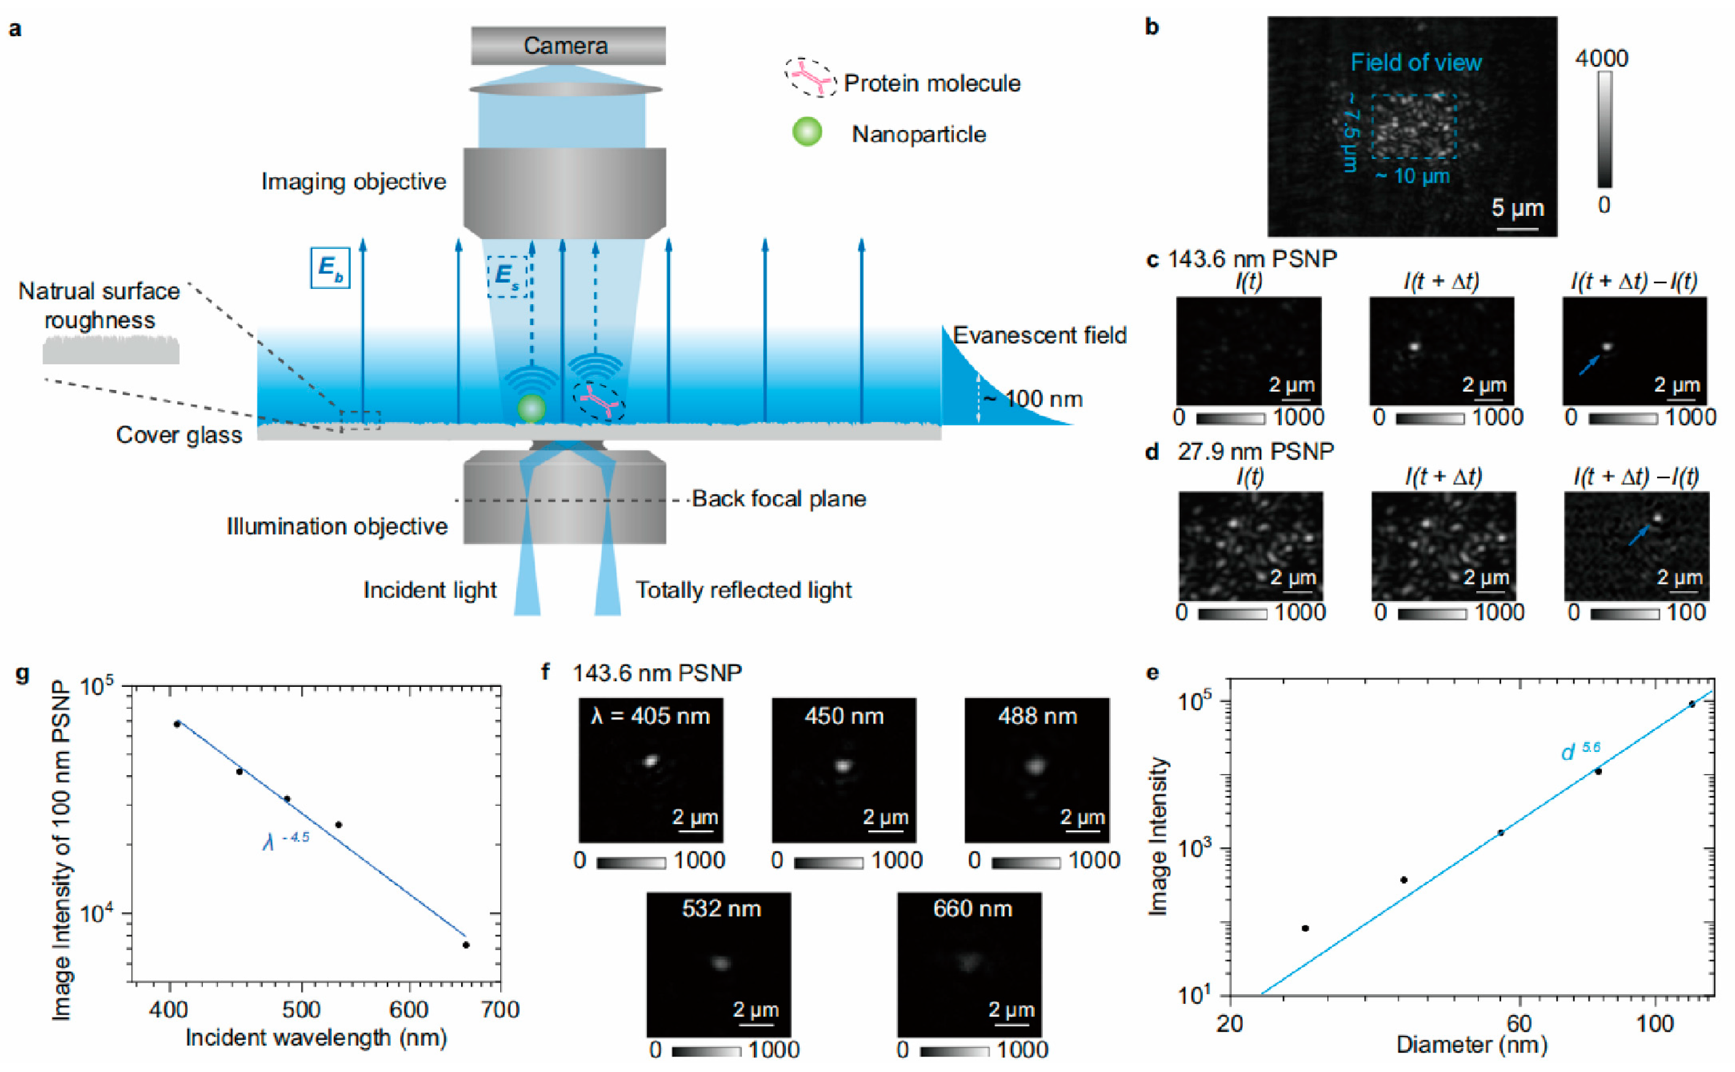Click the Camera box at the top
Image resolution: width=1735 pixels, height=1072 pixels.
[567, 45]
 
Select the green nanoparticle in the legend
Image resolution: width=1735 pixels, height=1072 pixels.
[807, 132]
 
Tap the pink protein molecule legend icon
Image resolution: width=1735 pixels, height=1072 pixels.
[810, 77]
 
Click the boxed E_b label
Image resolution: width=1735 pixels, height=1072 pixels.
[330, 267]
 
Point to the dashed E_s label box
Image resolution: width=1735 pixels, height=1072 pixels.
[508, 276]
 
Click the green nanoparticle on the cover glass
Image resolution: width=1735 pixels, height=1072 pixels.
[531, 408]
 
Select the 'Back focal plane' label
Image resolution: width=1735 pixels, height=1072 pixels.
[778, 499]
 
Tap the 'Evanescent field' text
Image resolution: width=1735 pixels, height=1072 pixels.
[1039, 335]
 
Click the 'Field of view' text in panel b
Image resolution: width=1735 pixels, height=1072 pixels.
[1416, 63]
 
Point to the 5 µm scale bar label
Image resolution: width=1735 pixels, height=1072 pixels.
[1517, 208]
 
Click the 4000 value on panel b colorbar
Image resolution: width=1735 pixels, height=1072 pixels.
[1601, 58]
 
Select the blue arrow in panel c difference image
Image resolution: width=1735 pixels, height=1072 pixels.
[1589, 365]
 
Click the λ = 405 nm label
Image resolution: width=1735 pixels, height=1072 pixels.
[650, 716]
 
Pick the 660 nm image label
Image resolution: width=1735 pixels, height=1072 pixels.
[972, 908]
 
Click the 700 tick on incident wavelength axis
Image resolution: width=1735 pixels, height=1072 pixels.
[500, 1009]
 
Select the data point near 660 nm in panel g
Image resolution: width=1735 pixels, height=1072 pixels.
[466, 945]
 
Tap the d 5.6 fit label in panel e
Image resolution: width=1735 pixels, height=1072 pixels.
[1580, 751]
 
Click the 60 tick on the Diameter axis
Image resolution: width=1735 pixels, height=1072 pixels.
[1519, 1023]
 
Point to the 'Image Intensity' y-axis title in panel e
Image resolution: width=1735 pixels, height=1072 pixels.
[1157, 837]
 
